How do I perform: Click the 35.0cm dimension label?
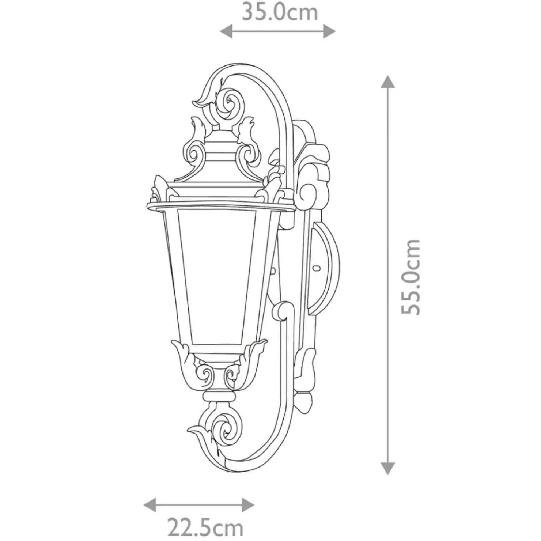pyautogui.click(x=280, y=12)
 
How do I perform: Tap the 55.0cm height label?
pyautogui.click(x=411, y=277)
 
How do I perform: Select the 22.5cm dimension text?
pyautogui.click(x=205, y=527)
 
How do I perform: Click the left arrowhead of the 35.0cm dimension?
pyautogui.click(x=226, y=31)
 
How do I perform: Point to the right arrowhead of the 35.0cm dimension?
pyautogui.click(x=330, y=31)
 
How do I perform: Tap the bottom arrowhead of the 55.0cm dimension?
pyautogui.click(x=388, y=468)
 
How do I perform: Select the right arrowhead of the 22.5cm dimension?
pyautogui.click(x=248, y=506)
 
